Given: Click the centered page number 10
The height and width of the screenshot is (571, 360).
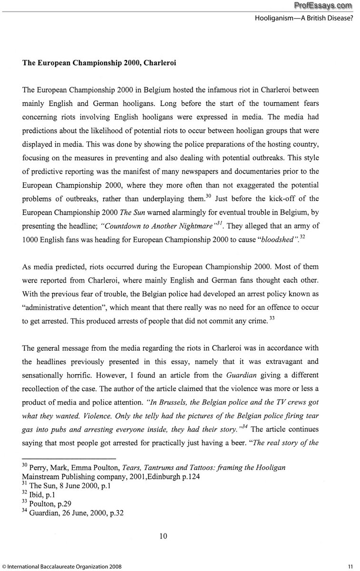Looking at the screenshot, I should point(163,536).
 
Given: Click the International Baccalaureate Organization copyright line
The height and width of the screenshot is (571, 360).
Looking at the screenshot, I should point(61,566).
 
